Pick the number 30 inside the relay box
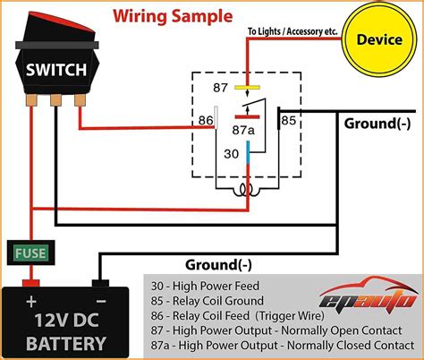point(231,152)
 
